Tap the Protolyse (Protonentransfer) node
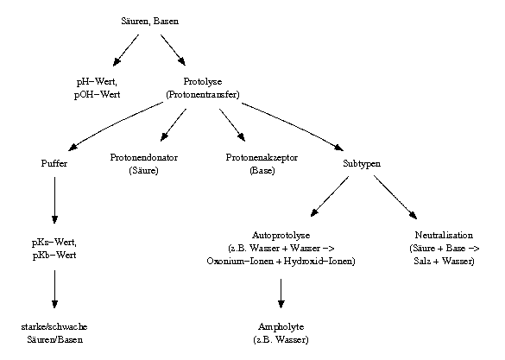coord(202,87)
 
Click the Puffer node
coord(54,163)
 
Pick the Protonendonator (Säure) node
coord(144,164)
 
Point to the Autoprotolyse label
coord(281,234)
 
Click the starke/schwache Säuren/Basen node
coord(54,332)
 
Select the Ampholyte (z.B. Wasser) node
coord(281,332)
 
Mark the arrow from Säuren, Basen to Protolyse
coord(172,49)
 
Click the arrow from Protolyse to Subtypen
coord(294,124)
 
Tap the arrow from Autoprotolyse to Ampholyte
coord(281,293)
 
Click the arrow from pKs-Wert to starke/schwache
coord(54,289)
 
